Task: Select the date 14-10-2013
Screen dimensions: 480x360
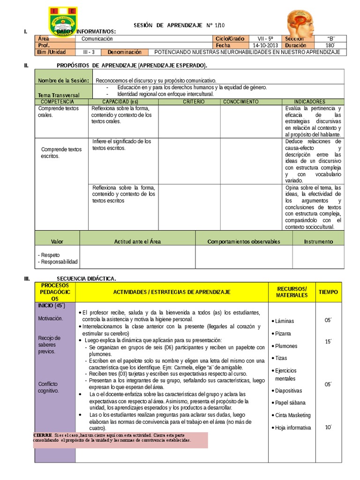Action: click(x=265, y=45)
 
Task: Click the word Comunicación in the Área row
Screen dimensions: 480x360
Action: click(x=97, y=38)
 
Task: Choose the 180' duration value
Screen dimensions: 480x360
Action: click(x=330, y=45)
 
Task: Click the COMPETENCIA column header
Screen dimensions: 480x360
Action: click(x=58, y=101)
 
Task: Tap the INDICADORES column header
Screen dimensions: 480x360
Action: click(x=310, y=101)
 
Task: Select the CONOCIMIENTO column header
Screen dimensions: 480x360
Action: click(x=240, y=101)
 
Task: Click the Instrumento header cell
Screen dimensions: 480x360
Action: click(x=318, y=241)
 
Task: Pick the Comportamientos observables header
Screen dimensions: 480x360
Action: click(x=244, y=241)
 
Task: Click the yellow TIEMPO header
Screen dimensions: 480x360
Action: click(x=328, y=292)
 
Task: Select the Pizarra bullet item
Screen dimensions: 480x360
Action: click(x=283, y=333)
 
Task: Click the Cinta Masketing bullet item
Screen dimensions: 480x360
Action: click(x=292, y=415)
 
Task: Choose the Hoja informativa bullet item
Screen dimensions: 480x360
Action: click(x=293, y=427)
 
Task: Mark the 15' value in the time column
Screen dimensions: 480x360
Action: click(x=328, y=341)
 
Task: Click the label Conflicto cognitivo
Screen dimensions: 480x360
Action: click(x=48, y=387)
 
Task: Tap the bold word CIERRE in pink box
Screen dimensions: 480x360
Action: click(x=43, y=435)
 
